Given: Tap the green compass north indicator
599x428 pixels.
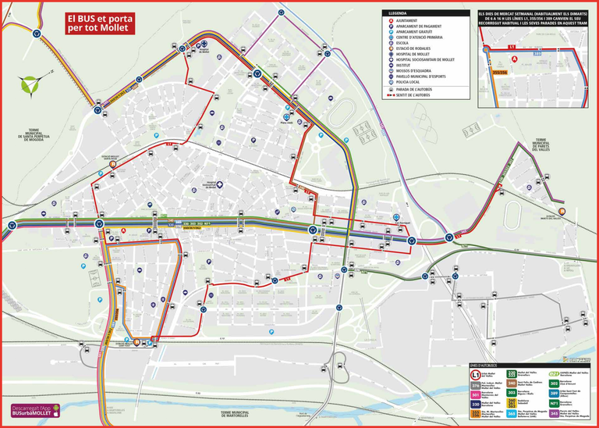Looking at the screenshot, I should click(x=30, y=84).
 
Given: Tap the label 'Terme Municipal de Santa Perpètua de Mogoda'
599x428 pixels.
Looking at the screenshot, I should click(x=32, y=135).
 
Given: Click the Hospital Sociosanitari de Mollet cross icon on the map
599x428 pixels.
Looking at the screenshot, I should click(x=221, y=185).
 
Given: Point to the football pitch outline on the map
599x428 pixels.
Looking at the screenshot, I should click(x=340, y=114).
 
